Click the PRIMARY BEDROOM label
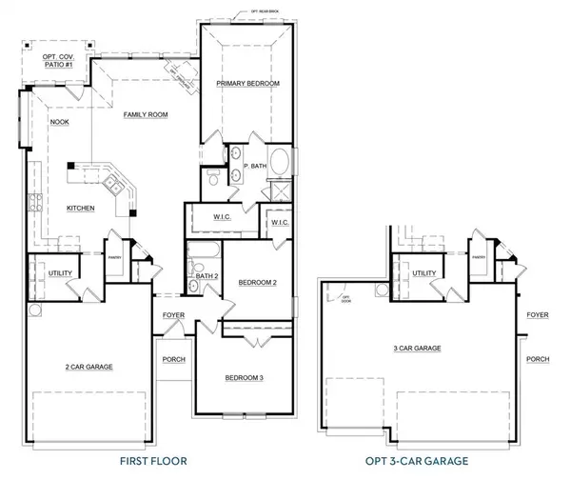tap(247, 84)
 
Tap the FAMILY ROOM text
tap(145, 114)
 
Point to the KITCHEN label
tap(80, 208)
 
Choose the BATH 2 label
tap(208, 276)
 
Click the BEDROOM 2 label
tap(257, 283)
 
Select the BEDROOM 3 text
tap(244, 378)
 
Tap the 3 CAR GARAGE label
tap(419, 349)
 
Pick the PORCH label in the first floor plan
tap(173, 359)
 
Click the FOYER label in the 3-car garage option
tap(538, 313)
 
